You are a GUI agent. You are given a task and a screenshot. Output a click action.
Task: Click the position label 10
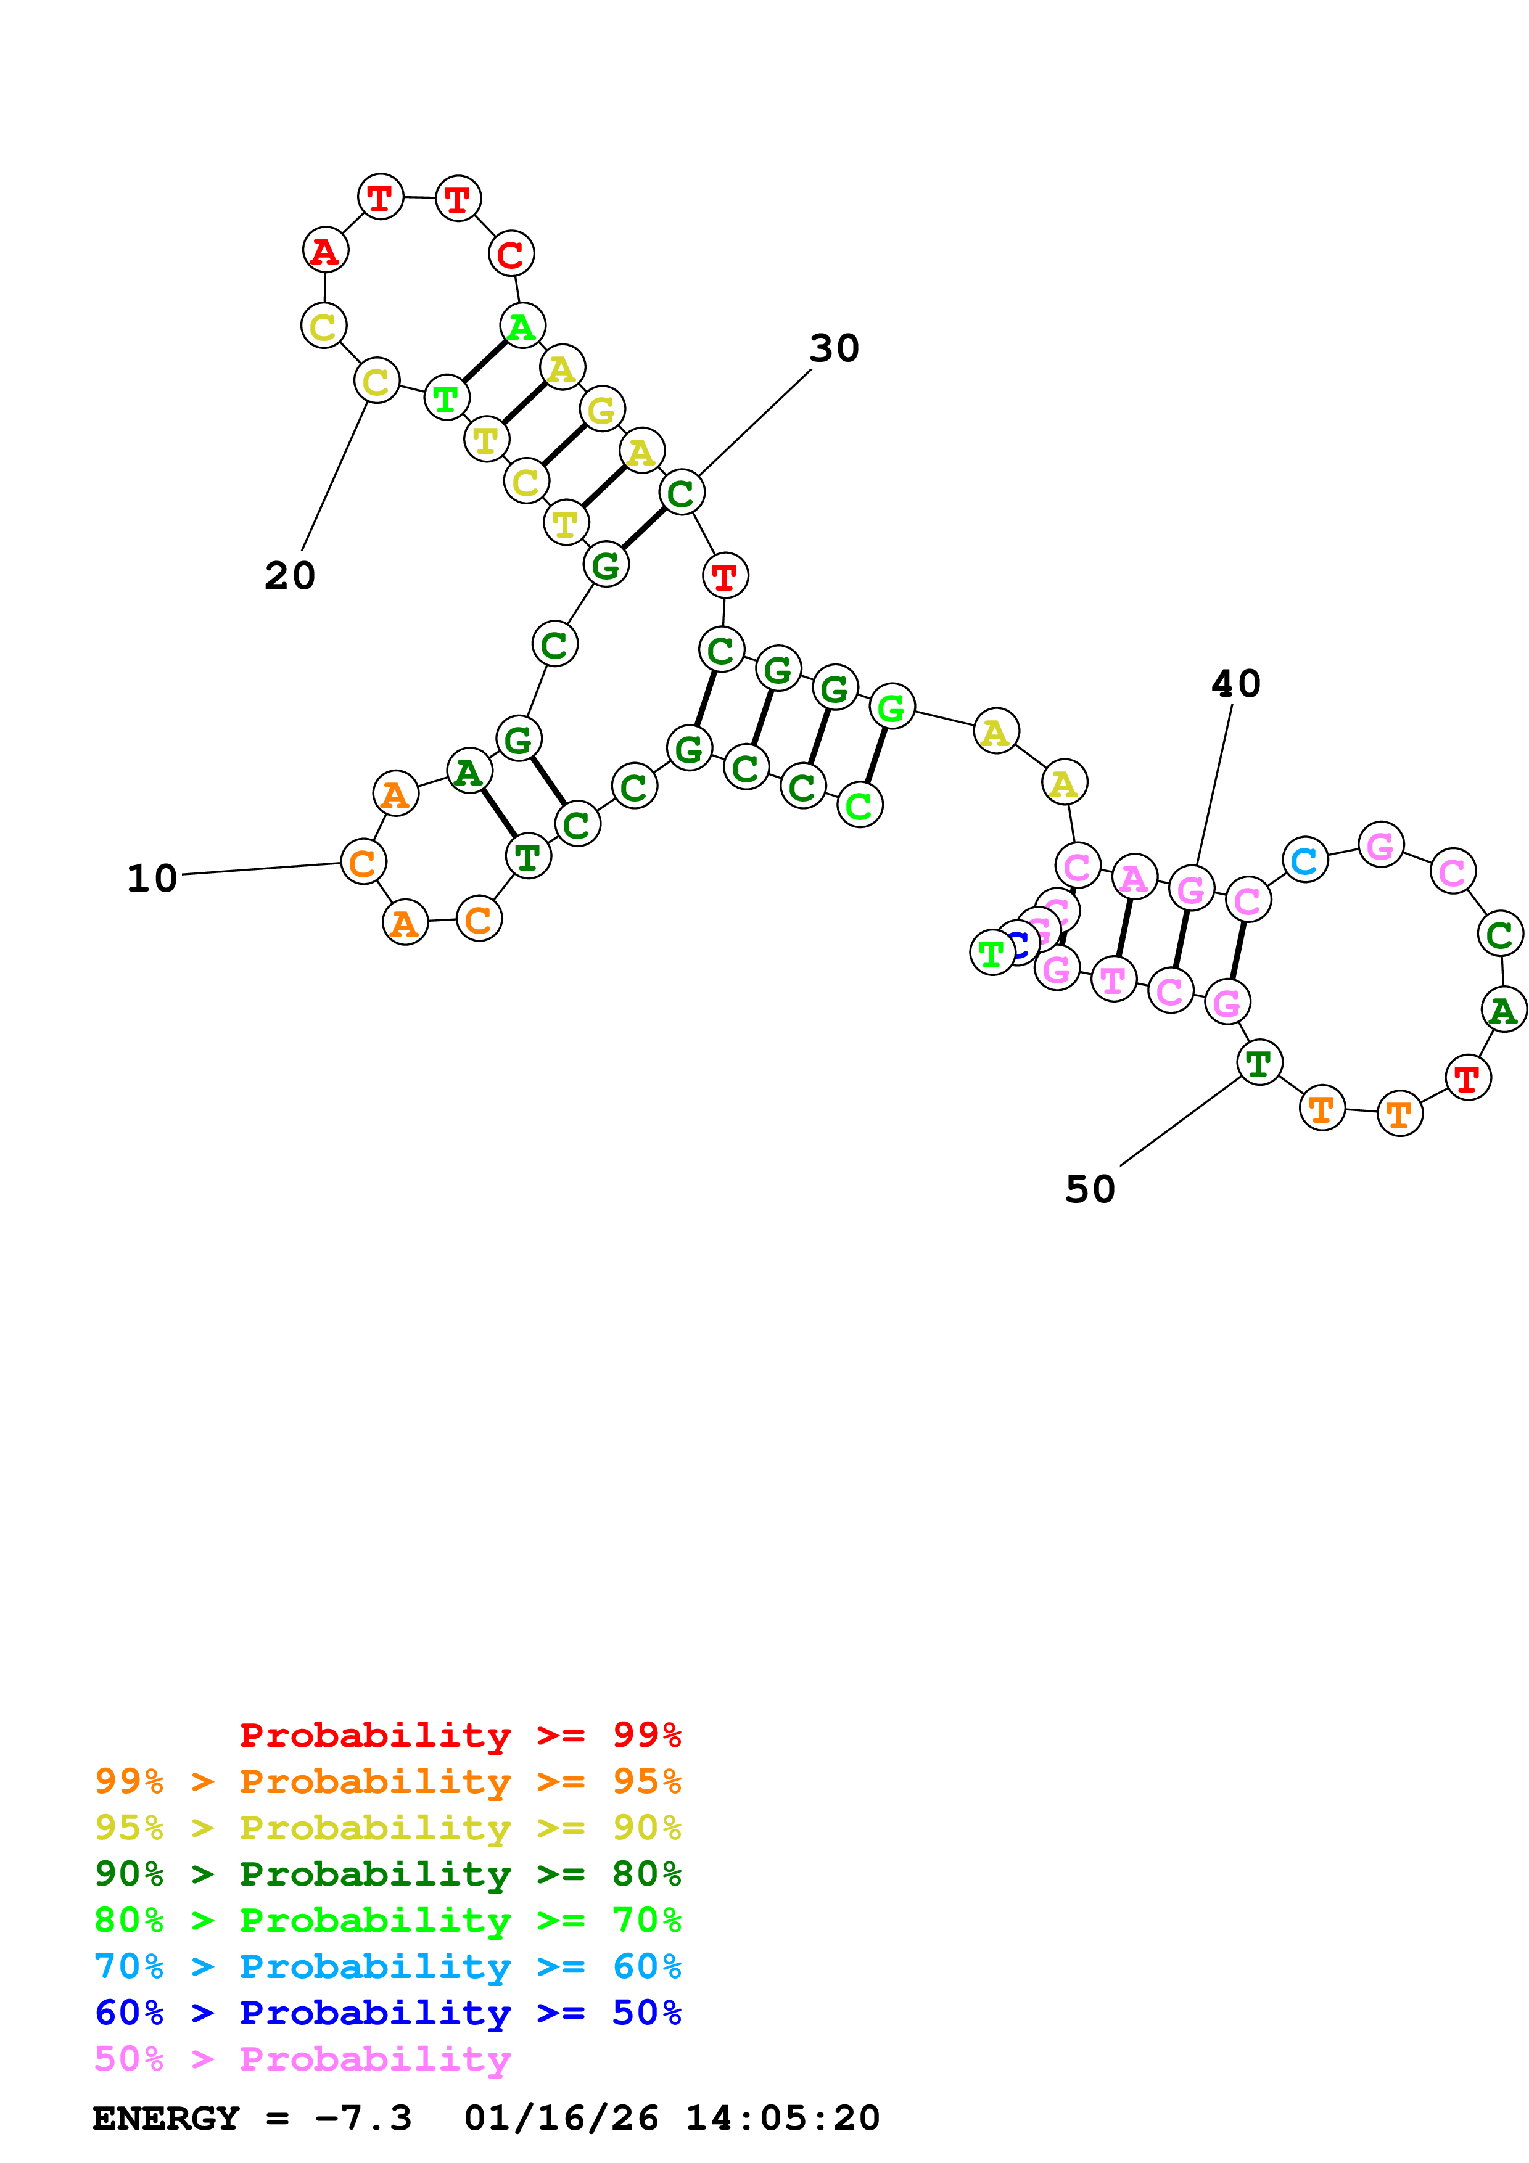152,879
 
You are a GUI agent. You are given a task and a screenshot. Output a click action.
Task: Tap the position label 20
289,576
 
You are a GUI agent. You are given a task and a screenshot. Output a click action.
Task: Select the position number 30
834,348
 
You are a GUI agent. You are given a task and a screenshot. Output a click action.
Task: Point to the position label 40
1235,684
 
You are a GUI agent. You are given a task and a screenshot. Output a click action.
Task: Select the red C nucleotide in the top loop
511,255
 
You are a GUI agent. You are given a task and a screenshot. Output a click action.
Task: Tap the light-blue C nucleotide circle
1304,860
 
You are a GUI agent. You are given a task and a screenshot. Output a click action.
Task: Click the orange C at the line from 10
363,862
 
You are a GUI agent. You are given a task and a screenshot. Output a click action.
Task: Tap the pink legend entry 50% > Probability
302,2059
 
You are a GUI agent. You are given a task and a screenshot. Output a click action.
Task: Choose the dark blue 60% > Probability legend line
387,2013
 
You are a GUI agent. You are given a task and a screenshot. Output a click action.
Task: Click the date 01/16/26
561,2119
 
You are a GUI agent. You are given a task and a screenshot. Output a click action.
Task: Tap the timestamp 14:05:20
782,2119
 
